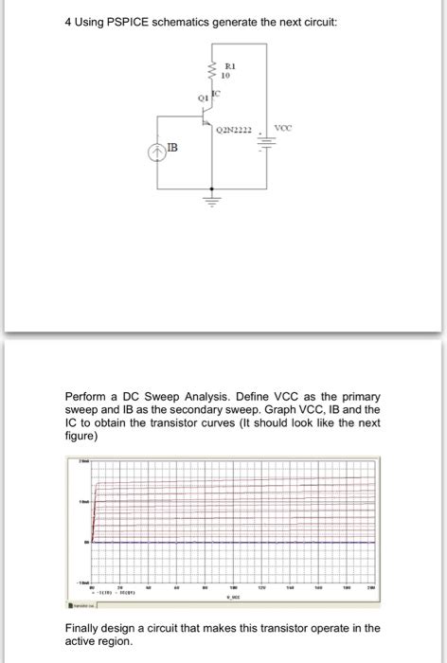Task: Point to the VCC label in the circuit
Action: (282, 127)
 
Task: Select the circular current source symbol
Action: (157, 150)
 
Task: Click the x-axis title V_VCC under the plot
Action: (230, 599)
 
